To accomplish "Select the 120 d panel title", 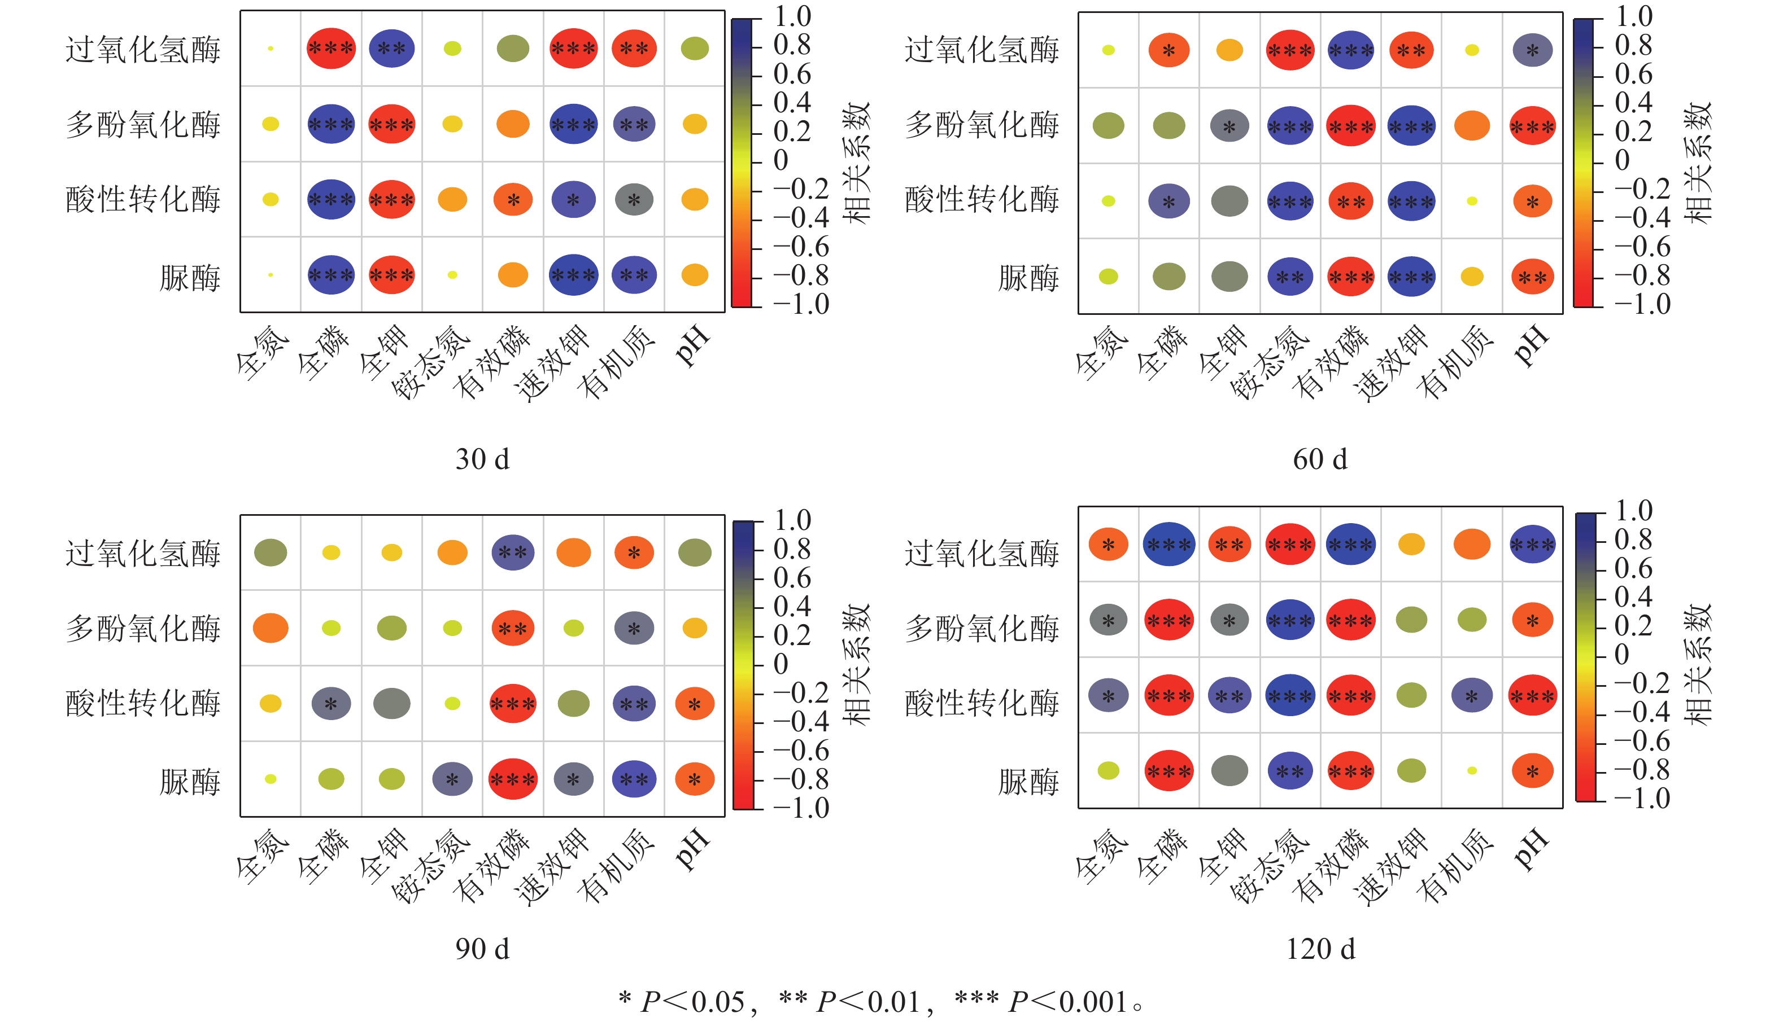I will (1320, 949).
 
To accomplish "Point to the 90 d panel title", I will (482, 949).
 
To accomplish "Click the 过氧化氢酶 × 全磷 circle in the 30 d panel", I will (331, 49).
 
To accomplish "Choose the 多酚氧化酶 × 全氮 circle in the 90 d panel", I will (271, 628).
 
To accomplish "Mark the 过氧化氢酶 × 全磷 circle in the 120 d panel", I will (1168, 544).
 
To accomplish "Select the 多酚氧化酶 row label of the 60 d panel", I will (981, 125).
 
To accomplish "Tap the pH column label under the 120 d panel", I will (1531, 850).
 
